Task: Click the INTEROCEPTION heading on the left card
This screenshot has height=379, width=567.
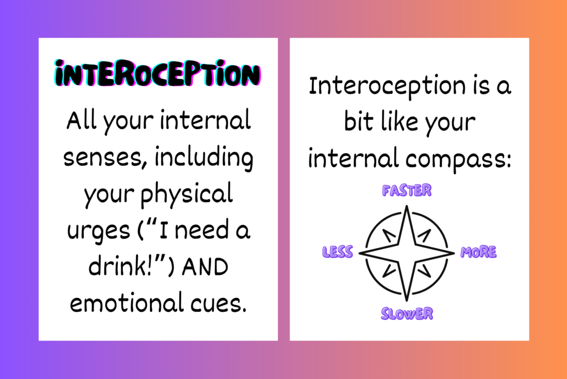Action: (x=157, y=74)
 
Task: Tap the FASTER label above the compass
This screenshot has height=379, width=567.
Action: (x=407, y=190)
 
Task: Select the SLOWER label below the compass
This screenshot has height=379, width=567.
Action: (x=407, y=314)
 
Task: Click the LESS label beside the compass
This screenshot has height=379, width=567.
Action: (x=337, y=252)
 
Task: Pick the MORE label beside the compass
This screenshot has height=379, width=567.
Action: (x=478, y=252)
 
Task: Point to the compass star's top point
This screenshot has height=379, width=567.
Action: (x=407, y=206)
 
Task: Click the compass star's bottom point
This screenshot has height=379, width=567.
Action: (x=407, y=300)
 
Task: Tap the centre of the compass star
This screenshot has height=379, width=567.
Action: (x=407, y=253)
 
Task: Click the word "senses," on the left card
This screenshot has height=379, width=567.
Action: (x=105, y=158)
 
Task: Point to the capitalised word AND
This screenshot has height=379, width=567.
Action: (x=205, y=267)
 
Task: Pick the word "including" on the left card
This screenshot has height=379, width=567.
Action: (x=204, y=158)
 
